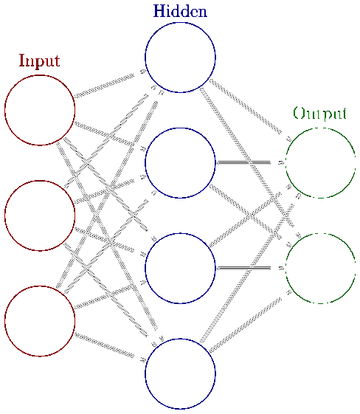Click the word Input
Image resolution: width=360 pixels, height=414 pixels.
click(x=40, y=61)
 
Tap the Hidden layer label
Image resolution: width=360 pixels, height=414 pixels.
click(x=180, y=11)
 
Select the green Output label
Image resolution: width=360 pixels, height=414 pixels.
click(x=319, y=114)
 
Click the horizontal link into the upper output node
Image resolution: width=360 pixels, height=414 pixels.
click(x=243, y=162)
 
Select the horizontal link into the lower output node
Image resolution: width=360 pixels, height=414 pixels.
click(x=243, y=269)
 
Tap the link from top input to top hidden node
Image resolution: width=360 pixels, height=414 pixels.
click(x=104, y=86)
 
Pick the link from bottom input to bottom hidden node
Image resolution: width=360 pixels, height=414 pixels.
click(x=104, y=345)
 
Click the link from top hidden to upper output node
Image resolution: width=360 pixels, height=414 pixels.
click(x=246, y=106)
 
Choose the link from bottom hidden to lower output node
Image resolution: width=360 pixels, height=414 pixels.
click(x=246, y=325)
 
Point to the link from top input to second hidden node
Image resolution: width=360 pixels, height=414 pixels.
click(x=104, y=134)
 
